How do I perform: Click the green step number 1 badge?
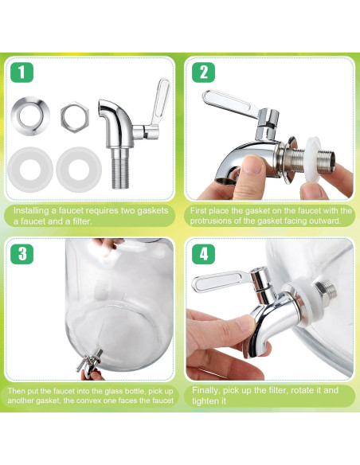[x=22, y=72]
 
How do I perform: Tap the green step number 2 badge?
[x=203, y=72]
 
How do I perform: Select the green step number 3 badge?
[x=22, y=254]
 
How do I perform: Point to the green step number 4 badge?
[x=203, y=254]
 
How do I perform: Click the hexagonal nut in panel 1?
[x=75, y=117]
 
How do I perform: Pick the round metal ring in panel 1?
[x=30, y=115]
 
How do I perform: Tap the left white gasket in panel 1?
[x=30, y=170]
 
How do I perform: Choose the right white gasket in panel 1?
[x=79, y=170]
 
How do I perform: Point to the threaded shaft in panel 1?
[x=120, y=169]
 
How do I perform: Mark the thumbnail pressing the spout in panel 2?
[x=253, y=164]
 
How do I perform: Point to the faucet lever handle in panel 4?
[x=221, y=280]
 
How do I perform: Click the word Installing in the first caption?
[x=31, y=211]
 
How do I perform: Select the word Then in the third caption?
[x=14, y=391]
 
